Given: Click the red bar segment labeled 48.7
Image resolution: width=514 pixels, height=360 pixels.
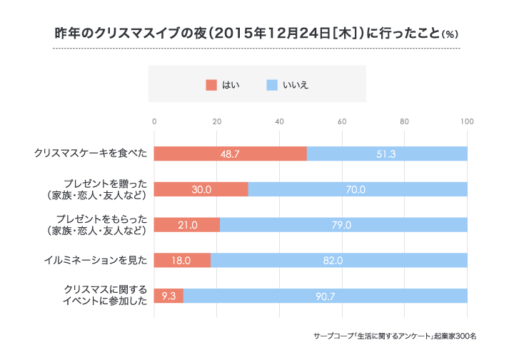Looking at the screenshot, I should click(x=230, y=154).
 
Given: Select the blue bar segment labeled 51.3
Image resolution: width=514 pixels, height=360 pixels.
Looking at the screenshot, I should click(x=387, y=154).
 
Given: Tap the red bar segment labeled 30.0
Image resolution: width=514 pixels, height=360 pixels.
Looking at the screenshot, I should click(x=201, y=189).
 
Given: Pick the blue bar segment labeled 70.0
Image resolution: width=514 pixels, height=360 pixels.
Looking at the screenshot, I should click(x=358, y=189).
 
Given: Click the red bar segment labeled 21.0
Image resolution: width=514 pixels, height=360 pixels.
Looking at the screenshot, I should click(x=187, y=225).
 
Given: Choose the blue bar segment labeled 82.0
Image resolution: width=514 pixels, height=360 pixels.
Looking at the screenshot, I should click(x=339, y=260).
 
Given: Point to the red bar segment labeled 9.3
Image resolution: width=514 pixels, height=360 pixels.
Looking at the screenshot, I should click(x=168, y=296).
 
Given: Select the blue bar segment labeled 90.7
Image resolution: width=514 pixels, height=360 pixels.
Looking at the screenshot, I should click(x=326, y=296).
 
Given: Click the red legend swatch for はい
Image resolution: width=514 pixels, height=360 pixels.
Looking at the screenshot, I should click(x=211, y=85).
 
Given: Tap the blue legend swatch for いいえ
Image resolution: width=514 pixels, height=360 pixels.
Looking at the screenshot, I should click(x=271, y=85).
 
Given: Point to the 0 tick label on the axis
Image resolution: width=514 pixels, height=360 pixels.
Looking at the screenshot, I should click(x=154, y=121).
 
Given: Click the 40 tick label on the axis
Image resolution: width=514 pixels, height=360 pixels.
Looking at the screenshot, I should click(x=279, y=121).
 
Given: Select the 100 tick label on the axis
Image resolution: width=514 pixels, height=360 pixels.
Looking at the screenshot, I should click(x=467, y=121).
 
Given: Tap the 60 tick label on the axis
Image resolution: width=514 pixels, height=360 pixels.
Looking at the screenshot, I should click(x=342, y=121).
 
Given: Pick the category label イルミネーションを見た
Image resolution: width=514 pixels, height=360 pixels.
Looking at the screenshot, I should click(x=95, y=260).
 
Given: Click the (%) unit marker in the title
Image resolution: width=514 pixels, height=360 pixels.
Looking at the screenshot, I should click(x=450, y=34).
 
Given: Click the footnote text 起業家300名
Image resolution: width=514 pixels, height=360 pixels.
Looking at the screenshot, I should click(x=456, y=335).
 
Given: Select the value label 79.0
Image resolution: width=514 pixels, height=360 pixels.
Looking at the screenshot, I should click(x=343, y=225).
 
